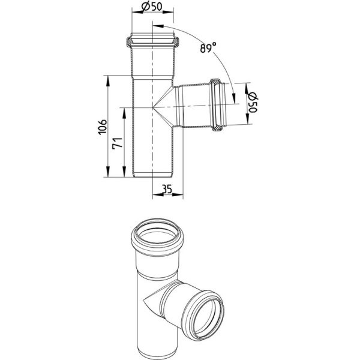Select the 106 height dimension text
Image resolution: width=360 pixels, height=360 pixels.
[103, 127]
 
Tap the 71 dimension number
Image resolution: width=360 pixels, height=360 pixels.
[117, 144]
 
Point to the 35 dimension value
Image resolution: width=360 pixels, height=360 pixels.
[167, 190]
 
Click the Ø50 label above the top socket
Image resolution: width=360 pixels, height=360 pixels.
[152, 6]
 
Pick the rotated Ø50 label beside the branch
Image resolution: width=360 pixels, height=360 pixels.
[253, 103]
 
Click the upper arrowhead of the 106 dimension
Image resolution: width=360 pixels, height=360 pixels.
[107, 81]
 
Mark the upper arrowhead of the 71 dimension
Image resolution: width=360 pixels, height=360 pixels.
[124, 113]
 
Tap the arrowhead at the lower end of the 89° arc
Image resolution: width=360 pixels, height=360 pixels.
[234, 98]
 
